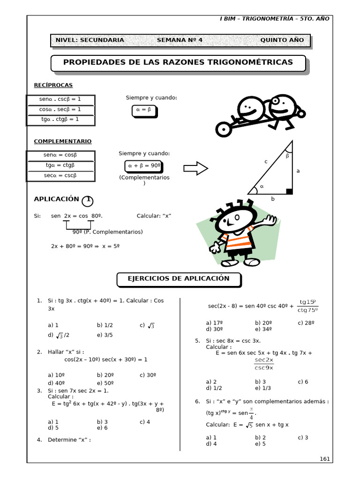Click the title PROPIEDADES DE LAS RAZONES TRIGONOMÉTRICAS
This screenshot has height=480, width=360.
tap(178, 62)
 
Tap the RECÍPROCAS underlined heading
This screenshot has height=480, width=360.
tap(53, 85)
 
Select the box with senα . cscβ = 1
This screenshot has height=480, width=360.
tap(60, 99)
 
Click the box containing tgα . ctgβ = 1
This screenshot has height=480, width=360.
tap(60, 120)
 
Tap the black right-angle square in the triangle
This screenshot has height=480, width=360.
tap(289, 191)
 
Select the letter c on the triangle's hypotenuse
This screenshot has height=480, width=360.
tap(266, 161)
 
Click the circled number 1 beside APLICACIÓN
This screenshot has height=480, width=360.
tap(88, 201)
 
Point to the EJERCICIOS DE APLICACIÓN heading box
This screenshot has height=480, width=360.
tap(179, 279)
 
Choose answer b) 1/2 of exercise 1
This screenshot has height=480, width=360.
tap(105, 325)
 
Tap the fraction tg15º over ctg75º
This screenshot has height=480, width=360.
tap(308, 306)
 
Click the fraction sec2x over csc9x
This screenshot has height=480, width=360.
tap(264, 364)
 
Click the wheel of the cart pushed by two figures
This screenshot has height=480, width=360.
tap(224, 129)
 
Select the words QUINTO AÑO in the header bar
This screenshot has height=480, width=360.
tap(282, 40)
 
